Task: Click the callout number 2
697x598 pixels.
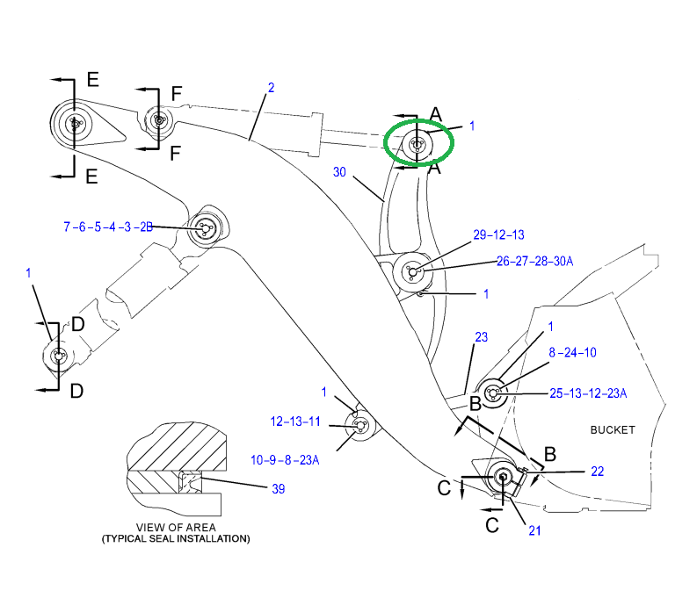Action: pyautogui.click(x=271, y=88)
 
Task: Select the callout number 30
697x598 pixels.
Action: pyautogui.click(x=340, y=172)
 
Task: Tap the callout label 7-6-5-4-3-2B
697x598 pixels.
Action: pyautogui.click(x=108, y=227)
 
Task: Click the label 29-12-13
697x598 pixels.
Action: pyautogui.click(x=498, y=235)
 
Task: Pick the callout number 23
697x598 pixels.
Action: pyautogui.click(x=481, y=337)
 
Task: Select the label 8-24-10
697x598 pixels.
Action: pyautogui.click(x=572, y=352)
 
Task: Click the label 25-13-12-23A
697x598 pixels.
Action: pyautogui.click(x=588, y=393)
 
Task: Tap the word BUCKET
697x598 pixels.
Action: pyautogui.click(x=613, y=429)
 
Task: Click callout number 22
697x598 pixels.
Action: pyautogui.click(x=597, y=472)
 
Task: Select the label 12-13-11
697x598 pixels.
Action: pyautogui.click(x=294, y=421)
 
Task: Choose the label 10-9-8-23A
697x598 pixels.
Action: pyautogui.click(x=285, y=459)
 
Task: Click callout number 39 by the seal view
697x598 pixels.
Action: pyautogui.click(x=278, y=488)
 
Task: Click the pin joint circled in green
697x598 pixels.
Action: pyautogui.click(x=417, y=143)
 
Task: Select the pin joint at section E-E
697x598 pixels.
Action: pyautogui.click(x=76, y=124)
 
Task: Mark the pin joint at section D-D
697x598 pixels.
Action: pyautogui.click(x=58, y=356)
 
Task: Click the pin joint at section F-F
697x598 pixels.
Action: pyautogui.click(x=157, y=119)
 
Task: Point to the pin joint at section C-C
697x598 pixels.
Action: pyautogui.click(x=504, y=476)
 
